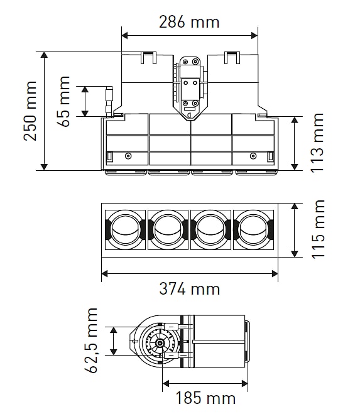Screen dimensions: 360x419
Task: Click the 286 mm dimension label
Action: click(x=189, y=22)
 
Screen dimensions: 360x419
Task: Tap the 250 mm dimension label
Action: click(x=30, y=111)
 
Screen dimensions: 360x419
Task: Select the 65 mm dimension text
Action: click(x=63, y=101)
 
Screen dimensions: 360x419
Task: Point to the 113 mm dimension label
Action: click(x=317, y=143)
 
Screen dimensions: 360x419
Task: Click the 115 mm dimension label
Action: click(x=318, y=229)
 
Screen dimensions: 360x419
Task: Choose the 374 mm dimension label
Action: click(x=190, y=289)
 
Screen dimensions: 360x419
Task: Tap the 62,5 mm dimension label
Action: click(x=91, y=340)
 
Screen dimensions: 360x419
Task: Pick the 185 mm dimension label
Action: click(x=205, y=398)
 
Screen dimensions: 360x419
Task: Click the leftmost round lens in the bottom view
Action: click(x=126, y=230)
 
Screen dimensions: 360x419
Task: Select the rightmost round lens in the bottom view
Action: click(x=253, y=230)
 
